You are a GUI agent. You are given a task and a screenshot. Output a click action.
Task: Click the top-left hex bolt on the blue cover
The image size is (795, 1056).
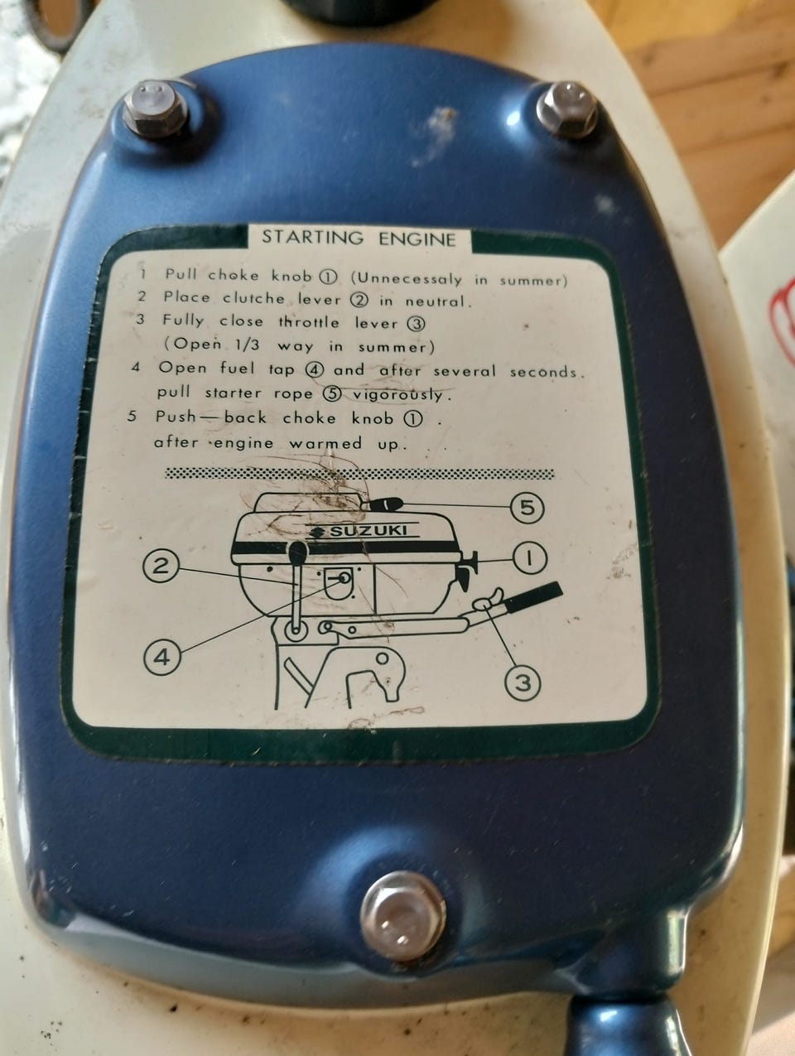click(156, 109)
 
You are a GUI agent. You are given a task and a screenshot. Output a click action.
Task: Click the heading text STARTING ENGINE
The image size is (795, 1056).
click(359, 239)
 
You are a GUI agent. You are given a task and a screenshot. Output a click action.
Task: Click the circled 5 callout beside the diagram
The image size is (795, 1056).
click(528, 507)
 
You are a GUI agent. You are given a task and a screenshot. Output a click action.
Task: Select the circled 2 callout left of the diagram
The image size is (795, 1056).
click(161, 567)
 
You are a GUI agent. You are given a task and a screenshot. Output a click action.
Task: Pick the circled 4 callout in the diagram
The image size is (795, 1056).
click(162, 657)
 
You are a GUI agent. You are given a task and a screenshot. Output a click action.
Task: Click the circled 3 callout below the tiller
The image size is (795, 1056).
click(523, 682)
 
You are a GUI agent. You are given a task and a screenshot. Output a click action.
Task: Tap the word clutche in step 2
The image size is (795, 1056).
click(253, 298)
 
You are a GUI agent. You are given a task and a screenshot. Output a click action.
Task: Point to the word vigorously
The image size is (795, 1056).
click(397, 394)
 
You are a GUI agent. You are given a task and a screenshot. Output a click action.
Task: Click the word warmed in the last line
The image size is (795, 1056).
click(325, 442)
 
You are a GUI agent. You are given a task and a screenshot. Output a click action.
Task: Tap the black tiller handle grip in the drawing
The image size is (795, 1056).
click(532, 596)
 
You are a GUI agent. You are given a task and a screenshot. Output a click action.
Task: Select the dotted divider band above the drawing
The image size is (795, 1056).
click(359, 474)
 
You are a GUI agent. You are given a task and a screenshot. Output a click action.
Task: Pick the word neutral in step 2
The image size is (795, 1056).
click(435, 301)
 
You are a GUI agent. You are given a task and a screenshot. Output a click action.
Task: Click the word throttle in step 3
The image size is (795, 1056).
click(309, 322)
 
